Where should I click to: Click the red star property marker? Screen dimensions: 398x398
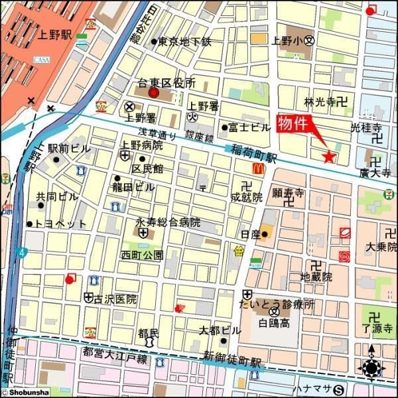328,157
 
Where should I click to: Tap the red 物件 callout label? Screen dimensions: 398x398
292,124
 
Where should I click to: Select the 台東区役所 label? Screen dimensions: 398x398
166,84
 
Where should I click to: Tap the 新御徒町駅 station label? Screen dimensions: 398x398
232,361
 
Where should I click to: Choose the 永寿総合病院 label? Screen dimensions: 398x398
168,222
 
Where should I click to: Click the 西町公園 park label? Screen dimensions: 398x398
141,255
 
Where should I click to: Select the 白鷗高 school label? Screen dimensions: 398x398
275,323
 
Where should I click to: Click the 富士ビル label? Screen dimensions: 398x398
250,127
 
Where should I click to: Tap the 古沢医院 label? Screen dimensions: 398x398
115,299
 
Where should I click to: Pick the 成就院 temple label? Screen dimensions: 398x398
246,196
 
